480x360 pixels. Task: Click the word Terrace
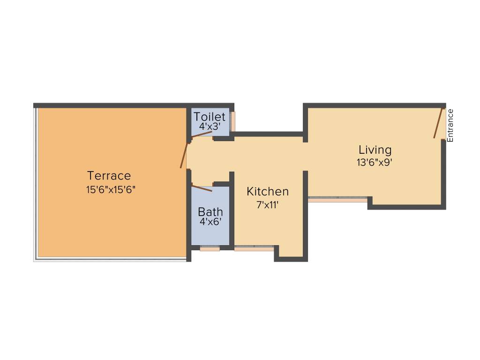point(109,176)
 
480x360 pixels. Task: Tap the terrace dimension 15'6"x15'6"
point(111,190)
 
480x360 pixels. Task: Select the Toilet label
point(210,117)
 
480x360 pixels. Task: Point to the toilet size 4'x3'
point(210,127)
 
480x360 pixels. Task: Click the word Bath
point(210,211)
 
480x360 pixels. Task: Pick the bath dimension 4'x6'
point(210,222)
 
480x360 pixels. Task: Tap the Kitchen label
point(268,191)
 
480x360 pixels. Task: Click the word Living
point(375,150)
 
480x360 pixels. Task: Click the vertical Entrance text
point(450,126)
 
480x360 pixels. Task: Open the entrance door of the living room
point(438,123)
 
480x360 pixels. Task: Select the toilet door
point(202,135)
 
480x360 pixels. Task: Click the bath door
point(202,188)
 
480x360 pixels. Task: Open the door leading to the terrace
point(184,156)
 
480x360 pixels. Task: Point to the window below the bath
point(210,249)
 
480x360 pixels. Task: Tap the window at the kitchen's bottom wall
point(254,248)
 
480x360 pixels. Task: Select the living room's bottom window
point(337,200)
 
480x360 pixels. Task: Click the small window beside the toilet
point(233,121)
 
